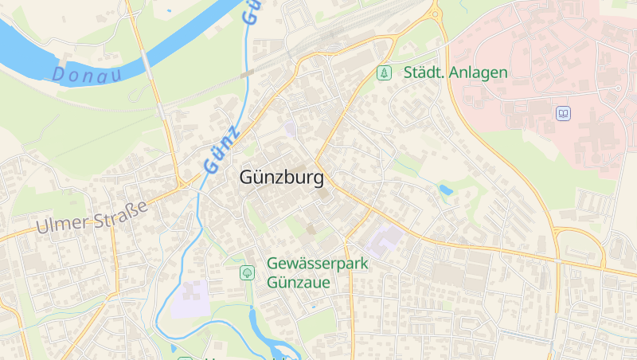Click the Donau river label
pyautogui.click(x=88, y=76)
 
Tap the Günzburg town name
pyautogui.click(x=281, y=178)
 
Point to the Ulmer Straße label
pyautogui.click(x=92, y=216)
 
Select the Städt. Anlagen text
pyautogui.click(x=455, y=72)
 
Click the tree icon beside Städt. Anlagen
pyautogui.click(x=385, y=72)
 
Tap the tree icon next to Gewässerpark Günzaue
pyautogui.click(x=247, y=272)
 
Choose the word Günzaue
pyautogui.click(x=299, y=281)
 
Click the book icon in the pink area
pyautogui.click(x=564, y=114)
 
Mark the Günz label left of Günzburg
pyautogui.click(x=221, y=150)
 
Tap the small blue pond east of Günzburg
pyautogui.click(x=445, y=190)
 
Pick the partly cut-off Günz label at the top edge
pyautogui.click(x=252, y=10)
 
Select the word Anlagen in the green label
pyautogui.click(x=478, y=72)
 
